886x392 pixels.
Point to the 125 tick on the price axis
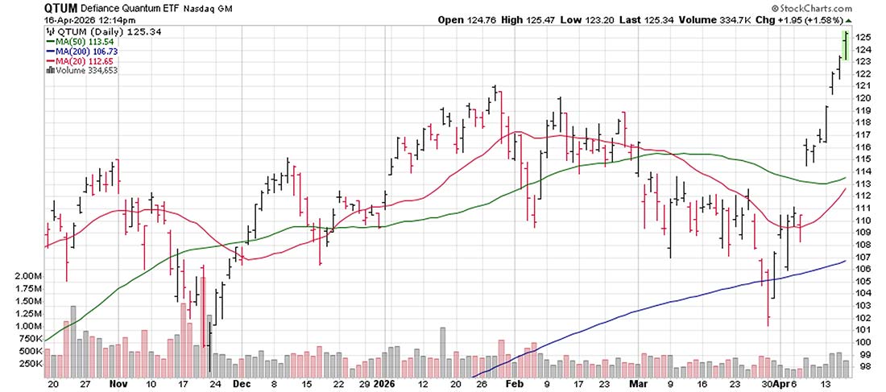coord(863,37)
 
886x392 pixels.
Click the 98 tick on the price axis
coord(860,366)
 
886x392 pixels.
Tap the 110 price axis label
coord(863,220)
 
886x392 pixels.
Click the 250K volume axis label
coord(29,364)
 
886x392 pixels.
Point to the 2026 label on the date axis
coord(383,384)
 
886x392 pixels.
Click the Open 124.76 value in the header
coord(462,19)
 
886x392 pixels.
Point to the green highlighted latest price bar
coord(846,45)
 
